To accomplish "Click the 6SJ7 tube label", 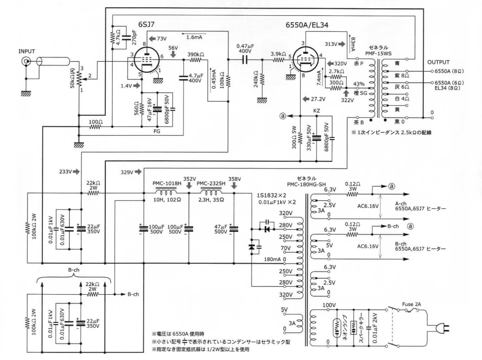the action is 146,24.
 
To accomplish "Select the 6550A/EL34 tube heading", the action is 307,25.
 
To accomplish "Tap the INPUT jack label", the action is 27,51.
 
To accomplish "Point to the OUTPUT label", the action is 438,62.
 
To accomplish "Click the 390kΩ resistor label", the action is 196,54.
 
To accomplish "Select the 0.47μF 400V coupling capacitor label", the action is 244,48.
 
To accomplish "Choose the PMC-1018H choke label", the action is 167,183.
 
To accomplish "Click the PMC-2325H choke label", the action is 211,183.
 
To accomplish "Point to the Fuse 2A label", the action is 412,304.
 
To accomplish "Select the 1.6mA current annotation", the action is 194,37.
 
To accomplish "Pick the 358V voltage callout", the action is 235,179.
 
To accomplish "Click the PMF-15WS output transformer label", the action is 379,53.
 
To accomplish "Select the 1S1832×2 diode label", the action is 271,196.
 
